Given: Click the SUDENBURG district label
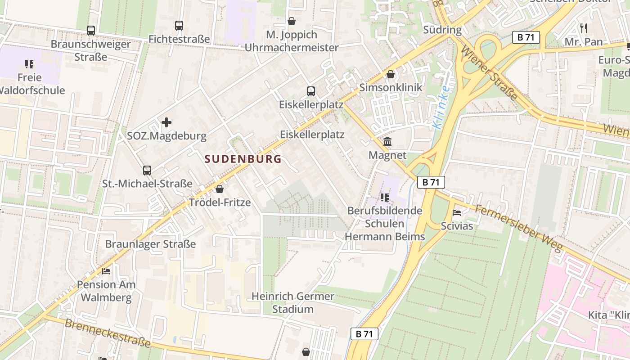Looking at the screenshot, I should point(243,159).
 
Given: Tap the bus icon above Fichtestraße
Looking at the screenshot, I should point(179,26).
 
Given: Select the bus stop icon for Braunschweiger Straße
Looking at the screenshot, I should point(91,31).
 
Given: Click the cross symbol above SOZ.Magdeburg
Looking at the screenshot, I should point(166,122).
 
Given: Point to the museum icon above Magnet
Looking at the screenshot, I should point(387,142).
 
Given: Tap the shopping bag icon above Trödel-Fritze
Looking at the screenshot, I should point(220,189).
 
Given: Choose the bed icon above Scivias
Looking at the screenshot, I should point(457,212).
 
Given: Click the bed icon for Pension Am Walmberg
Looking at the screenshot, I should point(106,271).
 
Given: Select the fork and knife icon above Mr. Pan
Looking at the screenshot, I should point(584,28).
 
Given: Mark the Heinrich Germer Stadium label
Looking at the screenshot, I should point(292,303).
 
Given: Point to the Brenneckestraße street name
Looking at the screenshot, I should point(108,333).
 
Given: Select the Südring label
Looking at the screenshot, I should point(442,30).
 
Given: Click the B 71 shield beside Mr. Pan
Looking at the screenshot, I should point(526,37).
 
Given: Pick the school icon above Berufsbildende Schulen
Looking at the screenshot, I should point(384,197).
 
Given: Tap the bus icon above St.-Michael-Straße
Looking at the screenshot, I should point(147,171).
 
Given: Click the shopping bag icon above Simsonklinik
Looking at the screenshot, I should point(390,74).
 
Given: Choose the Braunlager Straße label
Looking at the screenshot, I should point(150,244).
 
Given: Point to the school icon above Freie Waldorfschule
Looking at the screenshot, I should point(29,64).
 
